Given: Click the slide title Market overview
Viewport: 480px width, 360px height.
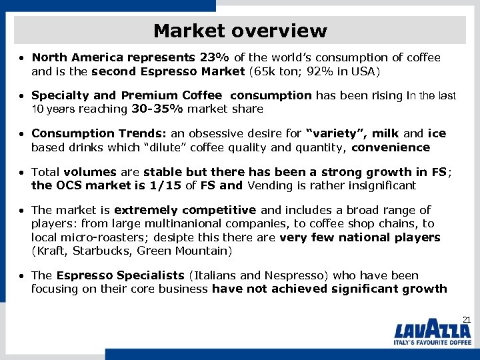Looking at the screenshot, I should point(240,31).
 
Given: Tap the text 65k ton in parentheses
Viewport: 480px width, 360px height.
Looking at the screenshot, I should point(288,71).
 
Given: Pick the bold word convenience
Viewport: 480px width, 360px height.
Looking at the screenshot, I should point(391,147).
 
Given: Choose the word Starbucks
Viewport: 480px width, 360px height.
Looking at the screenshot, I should point(100,251).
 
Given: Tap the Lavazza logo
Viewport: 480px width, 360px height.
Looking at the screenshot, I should point(433,331).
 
